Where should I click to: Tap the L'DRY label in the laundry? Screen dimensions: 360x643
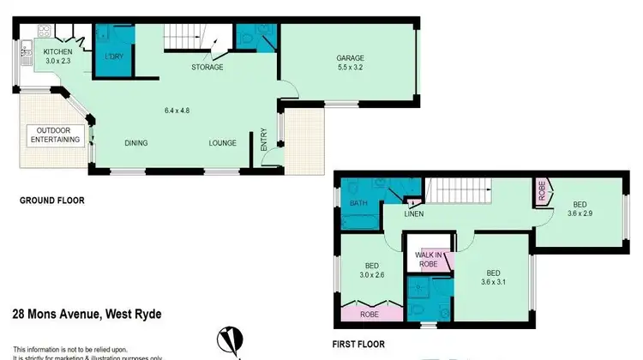111,57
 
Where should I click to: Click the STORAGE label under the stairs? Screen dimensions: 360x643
207,67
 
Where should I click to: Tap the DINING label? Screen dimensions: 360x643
138,143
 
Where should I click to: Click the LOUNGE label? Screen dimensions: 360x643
222,143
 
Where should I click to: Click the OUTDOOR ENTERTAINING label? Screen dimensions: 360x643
55,135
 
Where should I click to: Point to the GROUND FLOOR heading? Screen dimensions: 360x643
52,201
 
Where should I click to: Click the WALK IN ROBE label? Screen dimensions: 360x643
428,260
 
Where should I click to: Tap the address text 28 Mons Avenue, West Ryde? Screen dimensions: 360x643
87,314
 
